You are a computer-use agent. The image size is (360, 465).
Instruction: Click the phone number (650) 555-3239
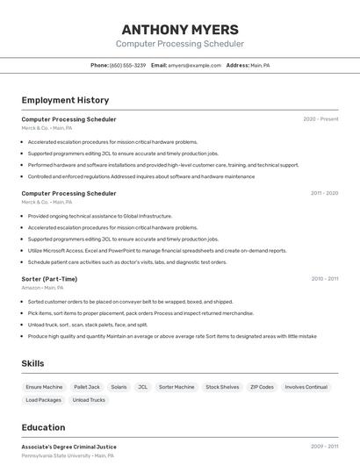point(127,65)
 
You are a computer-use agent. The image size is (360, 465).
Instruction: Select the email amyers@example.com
point(194,65)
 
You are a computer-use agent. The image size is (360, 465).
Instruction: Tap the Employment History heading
point(65,100)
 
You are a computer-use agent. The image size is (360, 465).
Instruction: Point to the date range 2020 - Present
point(320,119)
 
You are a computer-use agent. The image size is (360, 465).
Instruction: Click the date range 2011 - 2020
point(324,193)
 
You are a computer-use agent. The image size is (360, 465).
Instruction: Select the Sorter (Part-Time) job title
point(49,279)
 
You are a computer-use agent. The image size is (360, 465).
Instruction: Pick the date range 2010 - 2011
point(324,279)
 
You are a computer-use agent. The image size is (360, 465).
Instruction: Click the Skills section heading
point(32,363)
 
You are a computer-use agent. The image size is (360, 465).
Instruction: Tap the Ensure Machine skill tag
point(44,387)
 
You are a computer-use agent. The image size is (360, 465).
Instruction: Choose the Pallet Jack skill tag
point(87,387)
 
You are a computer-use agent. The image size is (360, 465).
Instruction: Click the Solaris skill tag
point(119,387)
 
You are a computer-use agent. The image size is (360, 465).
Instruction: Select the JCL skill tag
point(142,387)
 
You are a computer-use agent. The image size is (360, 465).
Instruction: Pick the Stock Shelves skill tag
point(222,387)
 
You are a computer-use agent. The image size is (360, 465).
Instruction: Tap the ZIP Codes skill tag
point(262,387)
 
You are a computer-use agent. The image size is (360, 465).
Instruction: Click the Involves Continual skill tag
point(306,387)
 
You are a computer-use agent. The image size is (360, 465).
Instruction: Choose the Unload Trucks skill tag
point(89,400)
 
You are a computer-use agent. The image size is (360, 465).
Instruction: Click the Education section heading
point(43,427)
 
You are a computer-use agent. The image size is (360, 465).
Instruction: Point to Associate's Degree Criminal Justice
point(68,447)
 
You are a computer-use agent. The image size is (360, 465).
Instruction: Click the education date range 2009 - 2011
point(324,447)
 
